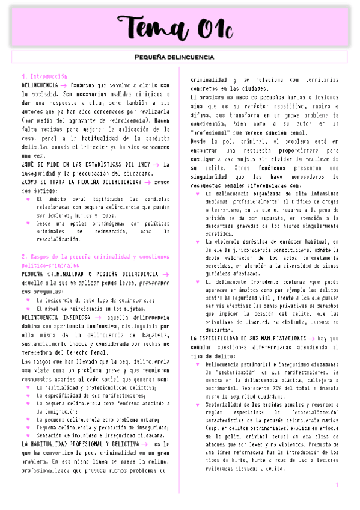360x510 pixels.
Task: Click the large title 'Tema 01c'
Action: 180,28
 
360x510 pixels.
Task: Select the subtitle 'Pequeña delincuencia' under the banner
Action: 180,57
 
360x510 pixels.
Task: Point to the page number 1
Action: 337,485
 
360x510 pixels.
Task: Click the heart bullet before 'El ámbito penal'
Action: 28,198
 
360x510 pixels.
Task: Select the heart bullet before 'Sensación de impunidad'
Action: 28,435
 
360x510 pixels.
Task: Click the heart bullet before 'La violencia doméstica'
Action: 198,241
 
